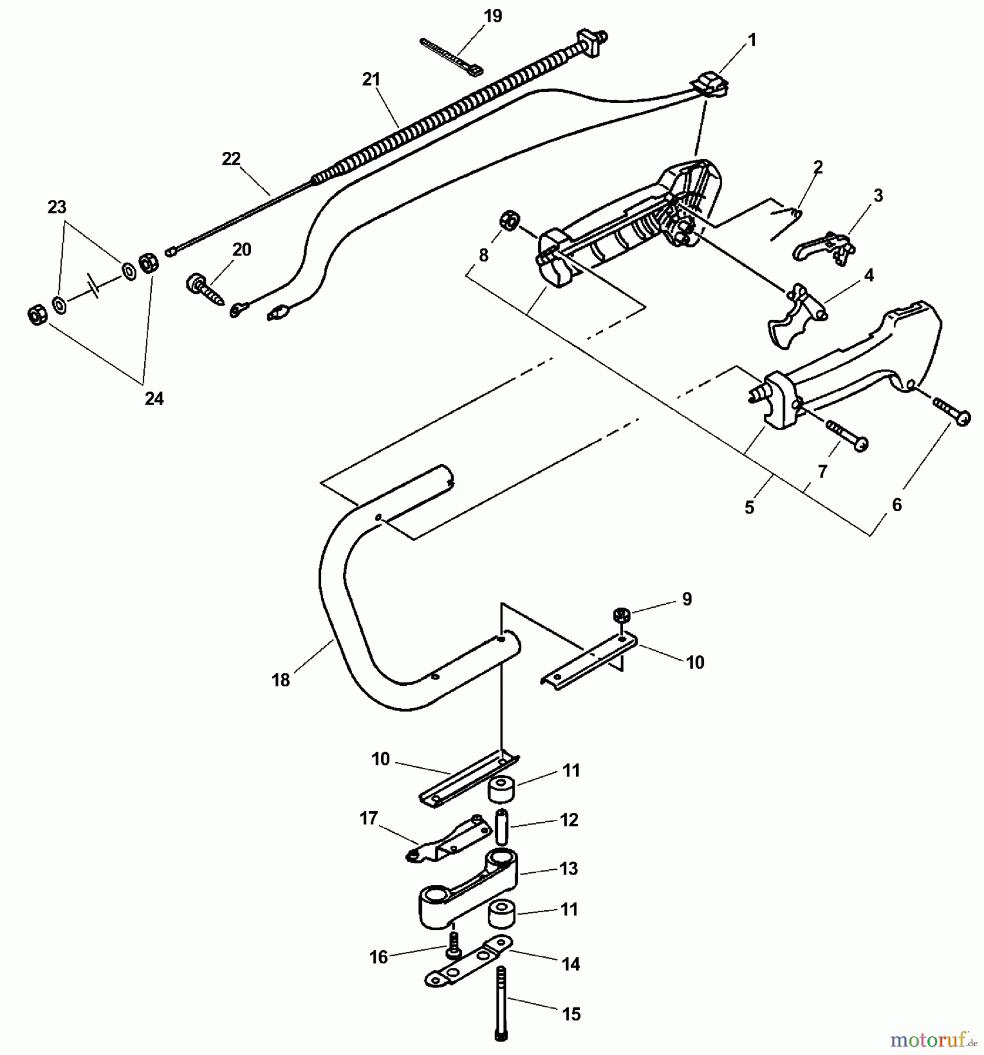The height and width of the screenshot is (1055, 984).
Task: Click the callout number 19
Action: point(493,16)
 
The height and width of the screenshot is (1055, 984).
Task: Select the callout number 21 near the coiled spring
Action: point(371,80)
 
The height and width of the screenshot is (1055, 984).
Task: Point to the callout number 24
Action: point(154,399)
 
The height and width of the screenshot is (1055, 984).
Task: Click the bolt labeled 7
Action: point(847,435)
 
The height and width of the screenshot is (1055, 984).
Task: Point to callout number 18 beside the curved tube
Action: point(281,680)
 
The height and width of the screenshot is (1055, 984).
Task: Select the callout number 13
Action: point(568,869)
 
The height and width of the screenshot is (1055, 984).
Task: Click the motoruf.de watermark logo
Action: point(932,1040)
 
